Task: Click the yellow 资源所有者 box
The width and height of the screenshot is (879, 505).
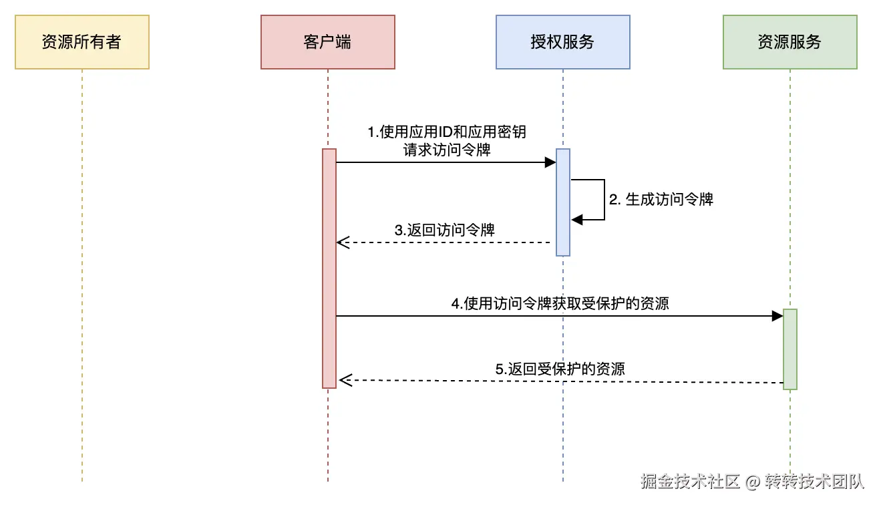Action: pos(81,42)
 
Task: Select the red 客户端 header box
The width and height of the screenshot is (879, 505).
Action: pos(327,42)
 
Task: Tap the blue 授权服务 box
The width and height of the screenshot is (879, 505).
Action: pos(562,42)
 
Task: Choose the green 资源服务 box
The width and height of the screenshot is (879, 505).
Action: pos(789,42)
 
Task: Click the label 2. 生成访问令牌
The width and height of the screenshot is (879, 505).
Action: pos(661,200)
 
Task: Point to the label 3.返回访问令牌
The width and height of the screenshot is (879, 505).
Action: pos(444,230)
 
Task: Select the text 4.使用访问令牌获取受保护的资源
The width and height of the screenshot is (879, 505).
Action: pos(560,304)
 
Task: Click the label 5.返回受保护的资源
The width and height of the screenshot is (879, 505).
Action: pos(560,369)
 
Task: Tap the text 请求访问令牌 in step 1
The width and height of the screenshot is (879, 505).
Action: pos(446,150)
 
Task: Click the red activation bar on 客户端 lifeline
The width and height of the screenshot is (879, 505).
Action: pos(329,267)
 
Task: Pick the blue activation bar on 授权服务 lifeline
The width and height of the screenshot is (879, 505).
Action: pos(563,202)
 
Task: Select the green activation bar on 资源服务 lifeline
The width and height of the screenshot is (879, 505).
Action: pos(790,349)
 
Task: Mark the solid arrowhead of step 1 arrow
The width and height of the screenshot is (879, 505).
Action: pos(550,162)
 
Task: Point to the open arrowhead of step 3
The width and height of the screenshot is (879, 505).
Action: pos(343,242)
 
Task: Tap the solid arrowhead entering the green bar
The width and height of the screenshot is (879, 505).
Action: pos(777,316)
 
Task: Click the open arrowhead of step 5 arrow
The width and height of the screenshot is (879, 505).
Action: pos(345,381)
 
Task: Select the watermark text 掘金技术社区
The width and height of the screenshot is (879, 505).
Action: pos(690,482)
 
